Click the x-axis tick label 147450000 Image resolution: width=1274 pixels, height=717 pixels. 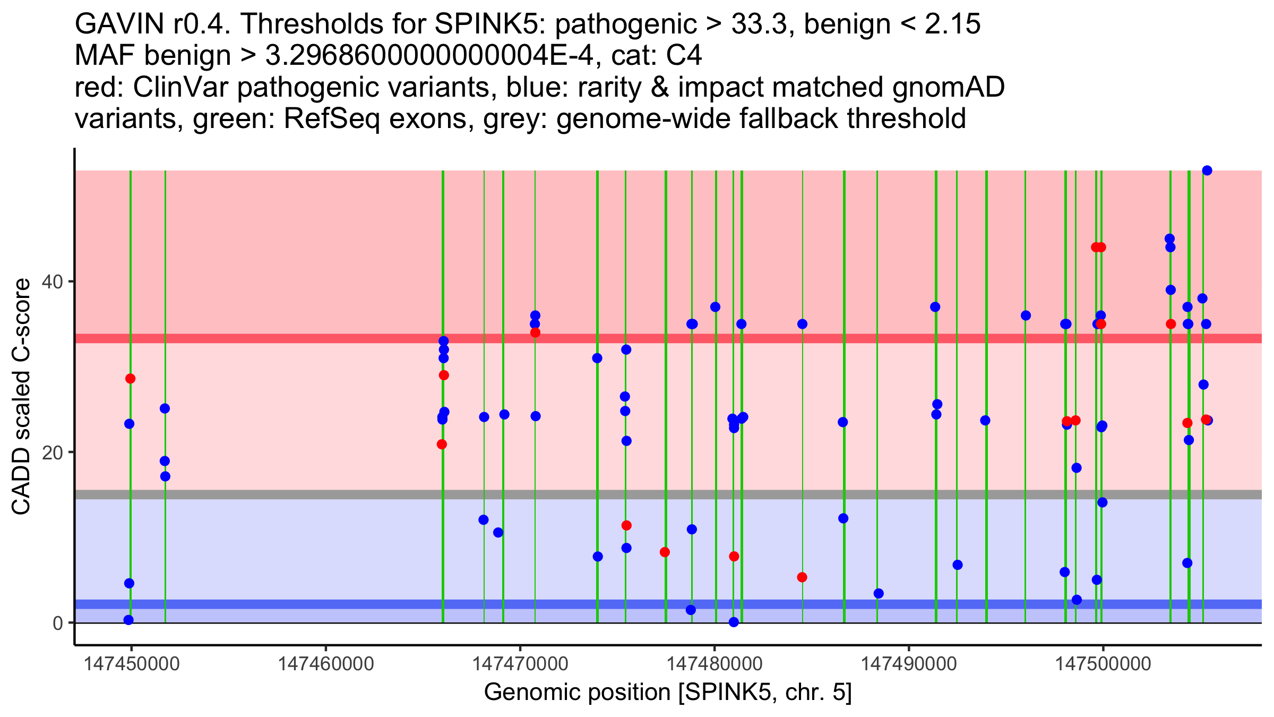click(132, 664)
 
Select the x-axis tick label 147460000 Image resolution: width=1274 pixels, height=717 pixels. click(326, 664)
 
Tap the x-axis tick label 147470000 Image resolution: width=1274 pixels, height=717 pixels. click(520, 664)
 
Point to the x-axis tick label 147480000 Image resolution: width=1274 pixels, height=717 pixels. click(715, 664)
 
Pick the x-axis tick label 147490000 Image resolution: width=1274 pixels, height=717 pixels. click(909, 664)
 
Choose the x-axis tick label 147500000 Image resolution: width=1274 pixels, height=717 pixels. click(1103, 664)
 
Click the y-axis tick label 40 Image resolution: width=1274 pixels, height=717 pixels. click(53, 282)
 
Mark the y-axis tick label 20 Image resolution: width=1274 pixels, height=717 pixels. click(53, 453)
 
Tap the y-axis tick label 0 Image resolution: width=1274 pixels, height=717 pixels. click(58, 623)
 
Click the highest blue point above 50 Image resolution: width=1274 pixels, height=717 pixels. click(1207, 170)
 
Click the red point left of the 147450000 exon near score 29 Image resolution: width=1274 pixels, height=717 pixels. click(130, 379)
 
